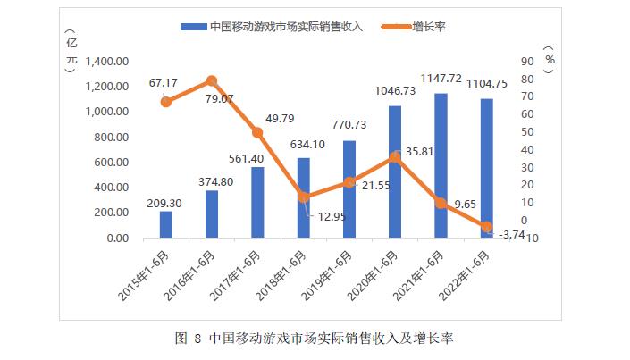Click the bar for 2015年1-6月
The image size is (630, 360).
coord(165,224)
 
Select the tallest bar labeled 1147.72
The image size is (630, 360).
coord(441,165)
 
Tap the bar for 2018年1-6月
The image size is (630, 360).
coord(303,197)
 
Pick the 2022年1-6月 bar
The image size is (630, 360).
coord(486,168)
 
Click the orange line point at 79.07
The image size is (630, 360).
coord(212,80)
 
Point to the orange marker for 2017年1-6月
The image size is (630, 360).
coord(257,132)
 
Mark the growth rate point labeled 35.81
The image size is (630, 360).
coord(395,157)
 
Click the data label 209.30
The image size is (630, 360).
coord(165,203)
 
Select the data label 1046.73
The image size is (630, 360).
coord(395,92)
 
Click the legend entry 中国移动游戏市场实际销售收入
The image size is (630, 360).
coord(286,27)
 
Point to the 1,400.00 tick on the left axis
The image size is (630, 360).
coord(106,62)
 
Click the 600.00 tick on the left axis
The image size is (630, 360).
coord(113,163)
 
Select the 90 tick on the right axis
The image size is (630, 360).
coord(528,62)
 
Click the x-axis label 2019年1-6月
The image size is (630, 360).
coord(333,272)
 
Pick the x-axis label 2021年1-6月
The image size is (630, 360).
coord(425,272)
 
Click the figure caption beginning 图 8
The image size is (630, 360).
coord(315,339)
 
